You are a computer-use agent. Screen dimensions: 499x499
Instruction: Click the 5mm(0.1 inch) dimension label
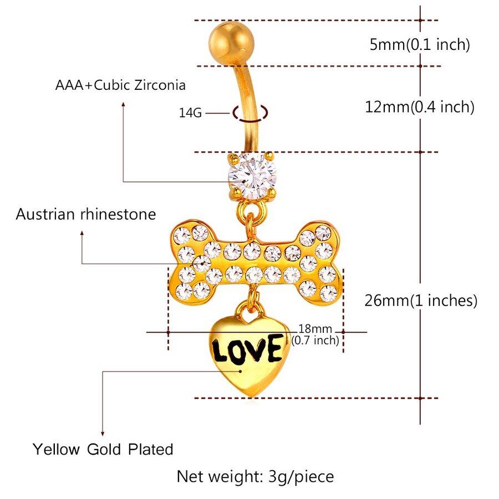[419, 44]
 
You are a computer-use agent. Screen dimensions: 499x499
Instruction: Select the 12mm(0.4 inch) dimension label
[419, 106]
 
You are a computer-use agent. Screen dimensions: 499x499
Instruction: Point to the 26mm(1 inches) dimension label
[421, 301]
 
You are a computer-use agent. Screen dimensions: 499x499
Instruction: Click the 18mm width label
[315, 329]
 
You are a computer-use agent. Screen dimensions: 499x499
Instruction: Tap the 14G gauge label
[190, 113]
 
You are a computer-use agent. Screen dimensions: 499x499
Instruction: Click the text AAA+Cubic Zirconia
[120, 85]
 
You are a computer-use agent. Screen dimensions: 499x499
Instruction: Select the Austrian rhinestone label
[86, 214]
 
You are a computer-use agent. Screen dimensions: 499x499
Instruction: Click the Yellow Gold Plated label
[103, 449]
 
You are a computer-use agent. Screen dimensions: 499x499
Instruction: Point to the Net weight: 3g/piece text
[255, 476]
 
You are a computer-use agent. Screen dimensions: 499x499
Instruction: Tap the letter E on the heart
[272, 349]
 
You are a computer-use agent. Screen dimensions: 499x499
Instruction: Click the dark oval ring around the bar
[251, 113]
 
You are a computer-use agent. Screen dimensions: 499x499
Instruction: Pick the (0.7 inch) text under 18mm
[315, 340]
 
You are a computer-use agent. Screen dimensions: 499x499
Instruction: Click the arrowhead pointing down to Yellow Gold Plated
[103, 434]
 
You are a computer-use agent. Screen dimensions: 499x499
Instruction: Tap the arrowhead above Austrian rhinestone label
[83, 234]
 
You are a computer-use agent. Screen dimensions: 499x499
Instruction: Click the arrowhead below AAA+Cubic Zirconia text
[123, 103]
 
